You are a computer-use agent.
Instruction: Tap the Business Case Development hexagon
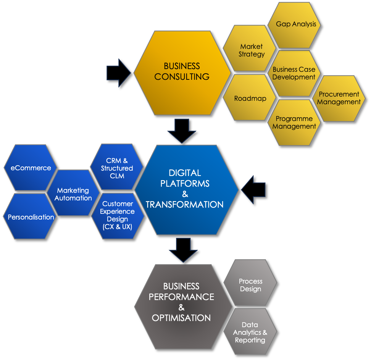coord(294,73)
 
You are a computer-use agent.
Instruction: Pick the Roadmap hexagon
coord(250,98)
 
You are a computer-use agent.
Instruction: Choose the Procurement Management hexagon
coord(338,98)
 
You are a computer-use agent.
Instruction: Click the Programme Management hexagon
coord(294,123)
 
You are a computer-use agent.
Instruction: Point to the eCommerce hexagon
coord(31,168)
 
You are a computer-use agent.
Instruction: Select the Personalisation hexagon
coord(31,217)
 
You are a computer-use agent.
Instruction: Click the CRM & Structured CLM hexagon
coord(117,168)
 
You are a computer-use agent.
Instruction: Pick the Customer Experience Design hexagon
coord(118,215)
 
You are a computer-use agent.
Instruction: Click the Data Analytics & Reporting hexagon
coord(250,332)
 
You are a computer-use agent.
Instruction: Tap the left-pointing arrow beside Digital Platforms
coord(254,189)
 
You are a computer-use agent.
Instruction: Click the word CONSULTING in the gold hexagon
coord(182,77)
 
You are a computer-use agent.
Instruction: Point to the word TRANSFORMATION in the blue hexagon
coord(184,205)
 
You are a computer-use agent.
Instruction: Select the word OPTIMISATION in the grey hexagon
coord(181,318)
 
